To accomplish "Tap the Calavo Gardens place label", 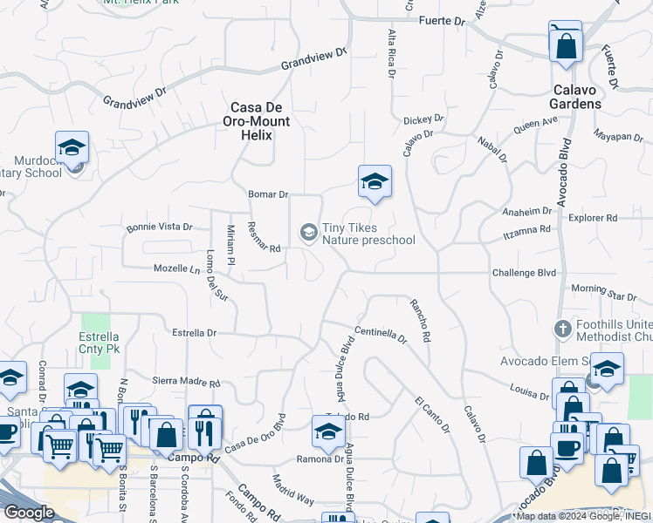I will tap(576, 97).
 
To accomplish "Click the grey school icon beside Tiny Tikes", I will tap(307, 232).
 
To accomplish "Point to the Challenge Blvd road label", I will tap(523, 273).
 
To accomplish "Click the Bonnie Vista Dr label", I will tap(159, 227).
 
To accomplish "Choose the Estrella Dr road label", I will tap(194, 333).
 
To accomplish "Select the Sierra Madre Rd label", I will tap(187, 381).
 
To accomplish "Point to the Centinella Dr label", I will tap(381, 335).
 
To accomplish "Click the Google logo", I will tap(29, 513).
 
